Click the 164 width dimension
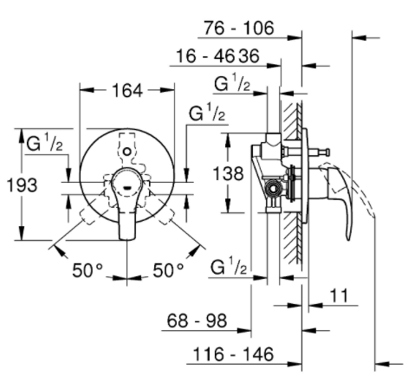click(127, 90)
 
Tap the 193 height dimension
click(22, 185)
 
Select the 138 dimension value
click(228, 173)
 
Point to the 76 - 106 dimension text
click(238, 28)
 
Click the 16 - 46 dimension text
click(205, 55)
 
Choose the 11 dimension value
click(339, 295)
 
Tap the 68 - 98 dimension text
click(197, 320)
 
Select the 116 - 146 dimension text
click(233, 354)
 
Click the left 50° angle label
click(87, 270)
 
